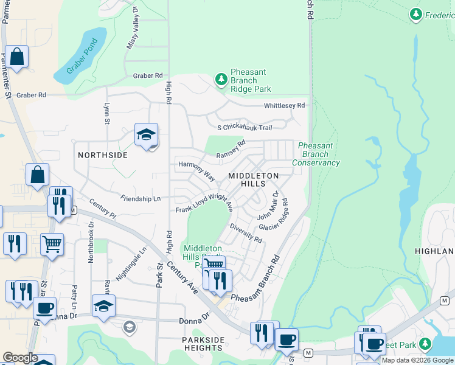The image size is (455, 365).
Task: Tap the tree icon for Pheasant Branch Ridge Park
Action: pos(221,79)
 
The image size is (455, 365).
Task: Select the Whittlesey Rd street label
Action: pos(284,106)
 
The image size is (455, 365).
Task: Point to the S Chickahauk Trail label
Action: pos(245,128)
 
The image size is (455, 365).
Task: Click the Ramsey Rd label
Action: pos(231,150)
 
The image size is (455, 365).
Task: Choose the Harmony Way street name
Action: pos(196,170)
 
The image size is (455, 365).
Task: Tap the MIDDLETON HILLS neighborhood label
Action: pos(253,179)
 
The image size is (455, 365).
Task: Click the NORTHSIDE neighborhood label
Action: pos(103,155)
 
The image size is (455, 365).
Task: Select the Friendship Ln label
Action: pos(141,198)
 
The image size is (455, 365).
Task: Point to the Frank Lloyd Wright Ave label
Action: pos(204,203)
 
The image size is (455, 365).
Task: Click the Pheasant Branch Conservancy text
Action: pos(316,155)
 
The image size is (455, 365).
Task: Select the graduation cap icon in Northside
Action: pos(146,135)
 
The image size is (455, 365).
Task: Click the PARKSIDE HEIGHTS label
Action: pos(203,344)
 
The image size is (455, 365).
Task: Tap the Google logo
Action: pos(20,358)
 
